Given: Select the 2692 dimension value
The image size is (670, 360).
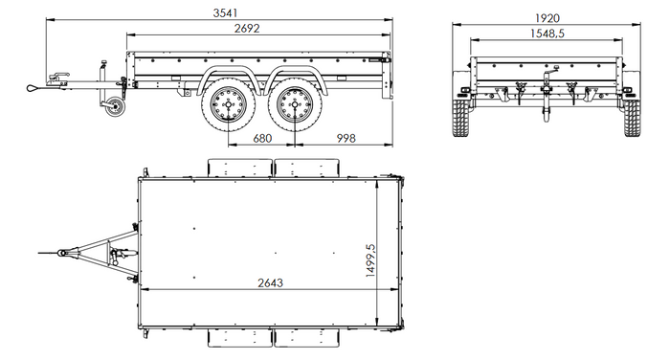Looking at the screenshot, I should coord(254,30).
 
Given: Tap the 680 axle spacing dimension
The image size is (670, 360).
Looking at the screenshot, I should coord(261,138).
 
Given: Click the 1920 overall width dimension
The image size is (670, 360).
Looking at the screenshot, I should coord(548,17).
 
